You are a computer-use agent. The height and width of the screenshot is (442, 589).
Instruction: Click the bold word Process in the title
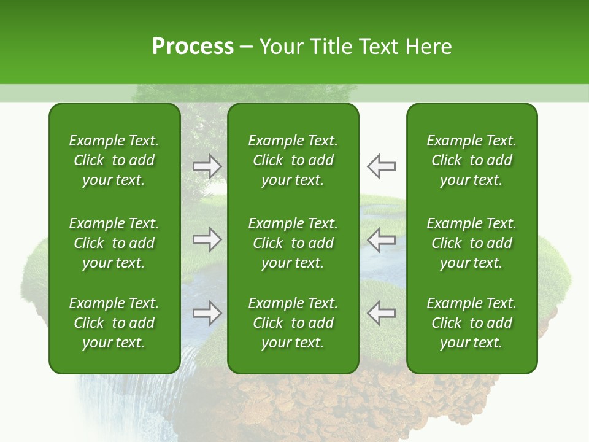click(x=193, y=47)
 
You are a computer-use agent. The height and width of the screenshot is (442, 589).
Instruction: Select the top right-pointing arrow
click(x=207, y=166)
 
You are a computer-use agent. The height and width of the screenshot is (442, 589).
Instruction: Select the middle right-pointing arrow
click(x=207, y=239)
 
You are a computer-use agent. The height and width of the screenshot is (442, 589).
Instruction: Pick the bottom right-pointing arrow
click(x=207, y=313)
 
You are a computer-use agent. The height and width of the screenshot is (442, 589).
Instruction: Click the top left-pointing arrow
click(x=382, y=166)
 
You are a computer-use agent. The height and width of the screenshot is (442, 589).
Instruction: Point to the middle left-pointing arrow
click(x=382, y=239)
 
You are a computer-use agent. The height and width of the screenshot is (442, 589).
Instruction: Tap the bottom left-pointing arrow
click(x=382, y=313)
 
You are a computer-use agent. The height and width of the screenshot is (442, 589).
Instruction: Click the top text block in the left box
click(x=114, y=160)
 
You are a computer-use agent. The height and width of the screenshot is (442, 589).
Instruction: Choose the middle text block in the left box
click(x=114, y=243)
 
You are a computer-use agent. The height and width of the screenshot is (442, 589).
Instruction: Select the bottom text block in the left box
click(x=114, y=323)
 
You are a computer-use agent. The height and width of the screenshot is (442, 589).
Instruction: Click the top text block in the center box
click(x=293, y=160)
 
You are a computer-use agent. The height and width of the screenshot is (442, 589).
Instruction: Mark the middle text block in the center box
click(x=293, y=243)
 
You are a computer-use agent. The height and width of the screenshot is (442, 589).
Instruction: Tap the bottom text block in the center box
click(x=293, y=323)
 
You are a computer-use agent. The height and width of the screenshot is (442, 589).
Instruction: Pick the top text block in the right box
click(x=472, y=160)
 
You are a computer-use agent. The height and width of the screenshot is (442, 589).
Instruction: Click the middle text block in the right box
click(x=472, y=243)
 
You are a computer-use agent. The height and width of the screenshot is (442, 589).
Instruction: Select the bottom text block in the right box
click(x=472, y=323)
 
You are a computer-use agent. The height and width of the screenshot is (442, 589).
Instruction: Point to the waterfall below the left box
click(x=123, y=405)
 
